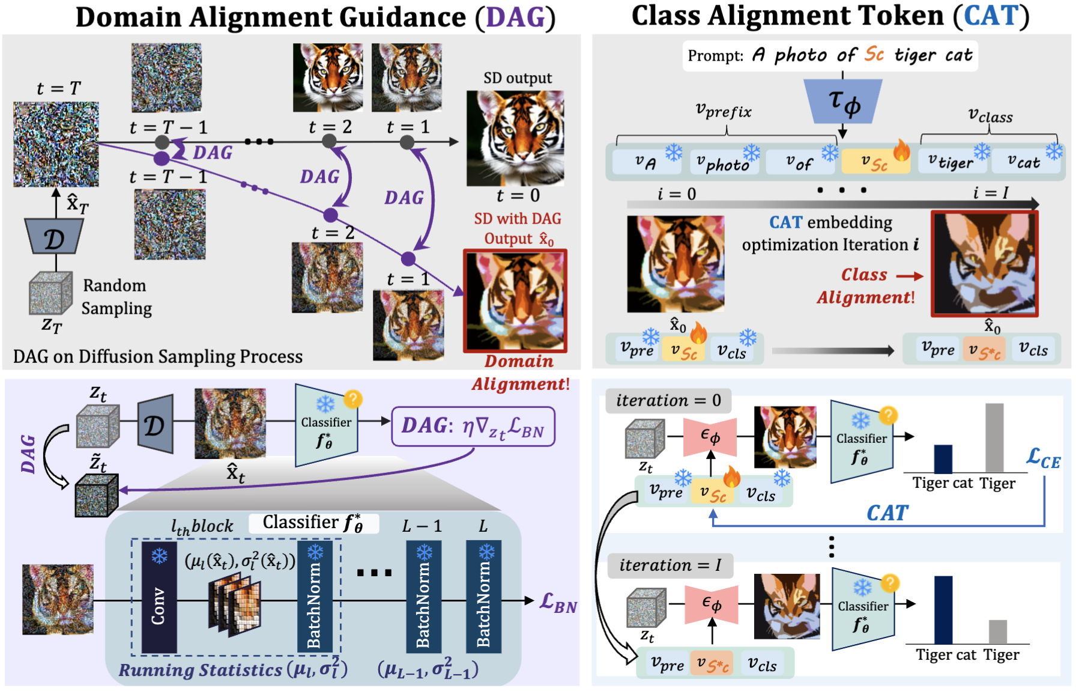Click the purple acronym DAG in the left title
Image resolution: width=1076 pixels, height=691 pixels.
pyautogui.click(x=515, y=17)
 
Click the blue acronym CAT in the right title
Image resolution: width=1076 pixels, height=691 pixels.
pyautogui.click(x=991, y=16)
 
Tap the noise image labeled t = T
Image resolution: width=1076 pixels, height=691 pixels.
pyautogui.click(x=56, y=144)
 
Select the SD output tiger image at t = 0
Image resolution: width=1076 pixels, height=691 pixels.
pyautogui.click(x=515, y=138)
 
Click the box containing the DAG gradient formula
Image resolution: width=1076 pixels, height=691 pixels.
pyautogui.click(x=473, y=427)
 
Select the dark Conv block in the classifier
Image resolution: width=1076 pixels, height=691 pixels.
pyautogui.click(x=159, y=597)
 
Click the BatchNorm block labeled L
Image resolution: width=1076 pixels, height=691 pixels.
pyautogui.click(x=483, y=596)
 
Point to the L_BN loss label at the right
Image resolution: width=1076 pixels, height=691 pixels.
pyautogui.click(x=558, y=602)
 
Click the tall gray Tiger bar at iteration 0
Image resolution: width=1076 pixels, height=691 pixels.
pyautogui.click(x=994, y=438)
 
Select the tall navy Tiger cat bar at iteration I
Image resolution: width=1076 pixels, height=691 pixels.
pyautogui.click(x=943, y=610)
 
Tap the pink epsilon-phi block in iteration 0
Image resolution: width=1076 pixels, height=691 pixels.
pyautogui.click(x=710, y=437)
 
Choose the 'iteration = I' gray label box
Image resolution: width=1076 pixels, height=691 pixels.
pyautogui.click(x=669, y=565)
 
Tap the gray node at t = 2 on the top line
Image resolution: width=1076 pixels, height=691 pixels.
pyautogui.click(x=329, y=141)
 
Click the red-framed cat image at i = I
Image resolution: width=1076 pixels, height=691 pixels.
pyautogui.click(x=984, y=264)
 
